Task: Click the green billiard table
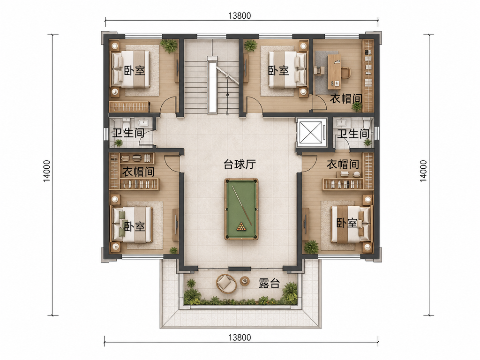[241, 209]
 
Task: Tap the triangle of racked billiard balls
[241, 227]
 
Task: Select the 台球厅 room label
[240, 165]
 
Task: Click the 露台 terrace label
[270, 284]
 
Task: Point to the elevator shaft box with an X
[311, 132]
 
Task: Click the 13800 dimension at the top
[240, 15]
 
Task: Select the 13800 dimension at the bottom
[240, 337]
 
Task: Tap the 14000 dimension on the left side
[47, 171]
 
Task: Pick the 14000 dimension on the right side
[423, 171]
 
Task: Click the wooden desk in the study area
[335, 72]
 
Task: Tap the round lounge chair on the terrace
[226, 283]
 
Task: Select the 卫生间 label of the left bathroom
[128, 133]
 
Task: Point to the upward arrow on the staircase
[227, 103]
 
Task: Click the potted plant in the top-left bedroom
[169, 45]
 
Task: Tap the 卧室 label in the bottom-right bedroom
[347, 223]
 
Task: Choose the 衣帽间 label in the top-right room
[346, 98]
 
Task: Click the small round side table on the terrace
[245, 280]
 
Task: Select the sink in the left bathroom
[143, 123]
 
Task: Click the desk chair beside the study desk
[346, 73]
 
